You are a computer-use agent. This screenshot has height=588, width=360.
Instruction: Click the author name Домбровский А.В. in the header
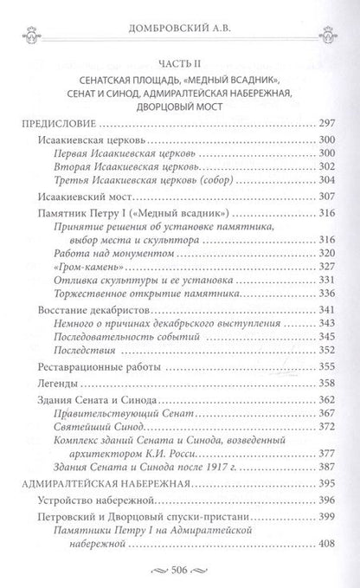pos(180,15)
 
